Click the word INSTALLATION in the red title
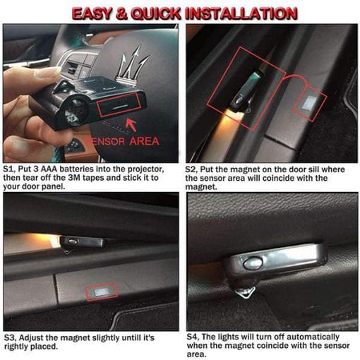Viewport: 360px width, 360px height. (x=241, y=13)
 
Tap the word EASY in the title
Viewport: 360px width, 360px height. (x=92, y=13)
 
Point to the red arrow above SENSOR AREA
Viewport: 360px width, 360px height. (x=131, y=125)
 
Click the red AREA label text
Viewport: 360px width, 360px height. (x=144, y=141)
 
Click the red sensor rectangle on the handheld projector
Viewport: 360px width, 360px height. (x=119, y=104)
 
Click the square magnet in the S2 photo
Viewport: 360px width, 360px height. (x=309, y=103)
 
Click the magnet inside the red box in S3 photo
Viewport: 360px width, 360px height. (x=102, y=292)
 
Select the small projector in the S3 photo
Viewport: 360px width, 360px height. (x=82, y=242)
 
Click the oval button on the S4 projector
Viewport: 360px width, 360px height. (x=253, y=263)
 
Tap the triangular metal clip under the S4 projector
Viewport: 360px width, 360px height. (x=246, y=292)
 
